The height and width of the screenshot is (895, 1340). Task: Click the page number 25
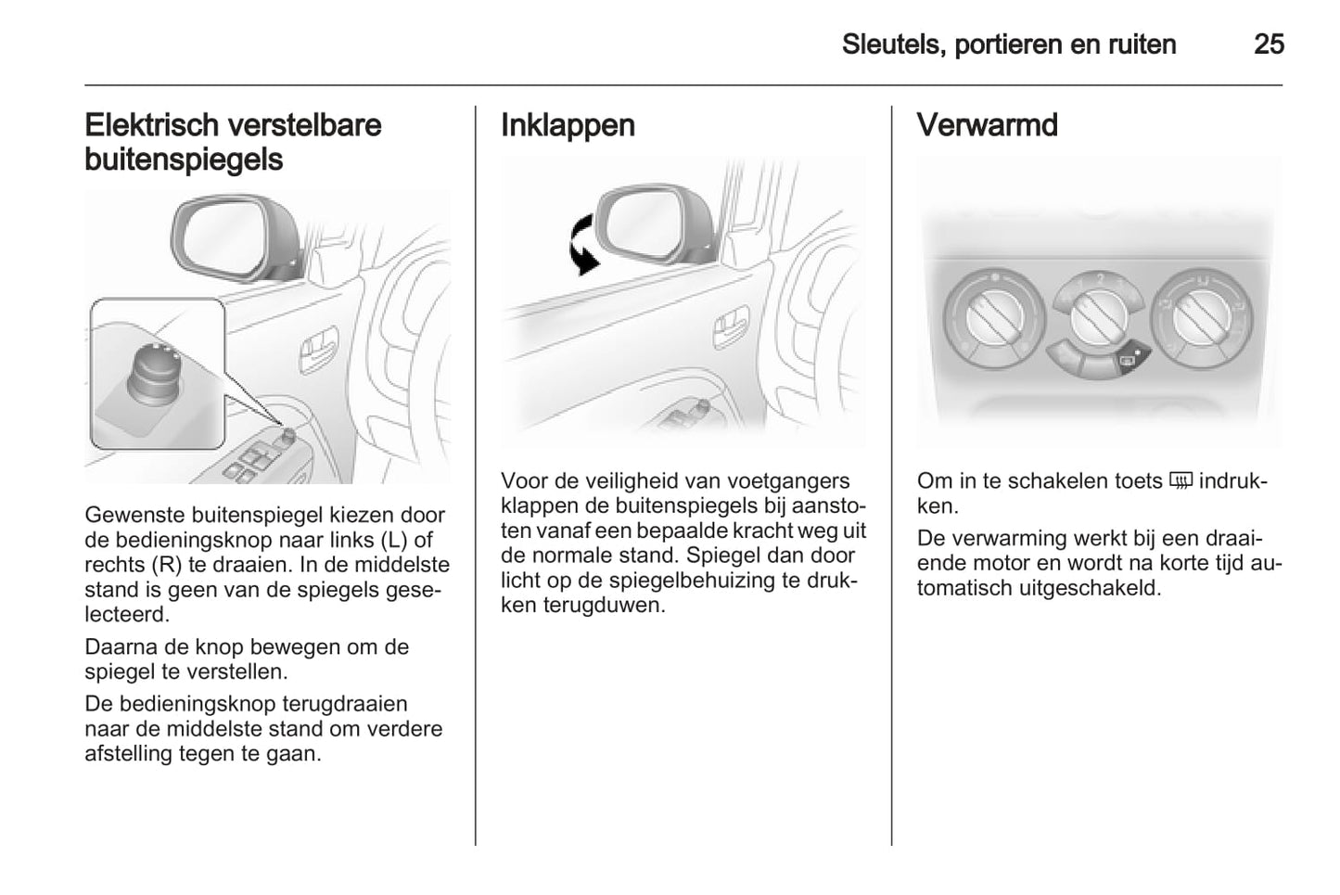click(x=1269, y=44)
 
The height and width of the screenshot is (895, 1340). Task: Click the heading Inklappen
click(x=568, y=125)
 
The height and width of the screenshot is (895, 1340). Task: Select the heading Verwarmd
click(x=987, y=125)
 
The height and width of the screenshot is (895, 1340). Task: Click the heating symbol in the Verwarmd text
click(x=1180, y=481)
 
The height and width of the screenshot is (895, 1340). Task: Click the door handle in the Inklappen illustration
click(x=730, y=326)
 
